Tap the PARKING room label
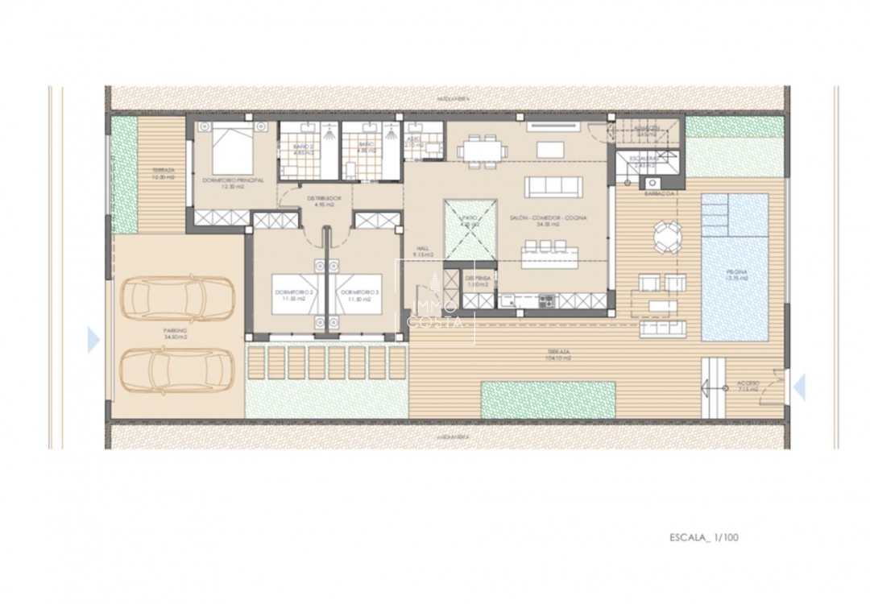175,333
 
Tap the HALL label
422,251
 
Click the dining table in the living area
482,151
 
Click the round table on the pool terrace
667,238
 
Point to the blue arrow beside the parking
93,341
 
